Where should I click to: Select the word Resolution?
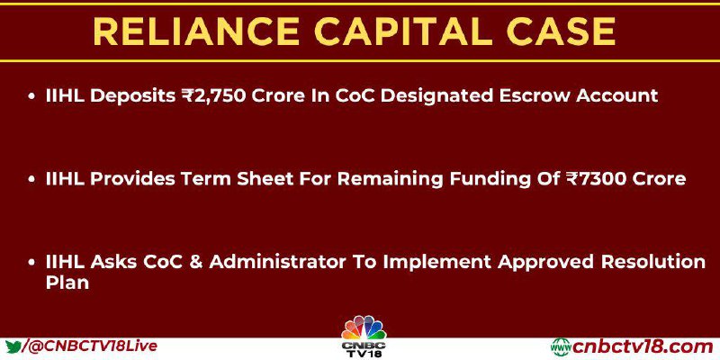654,262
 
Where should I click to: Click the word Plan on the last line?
67,283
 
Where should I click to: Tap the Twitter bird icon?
14,346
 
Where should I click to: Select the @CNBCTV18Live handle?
94,346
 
